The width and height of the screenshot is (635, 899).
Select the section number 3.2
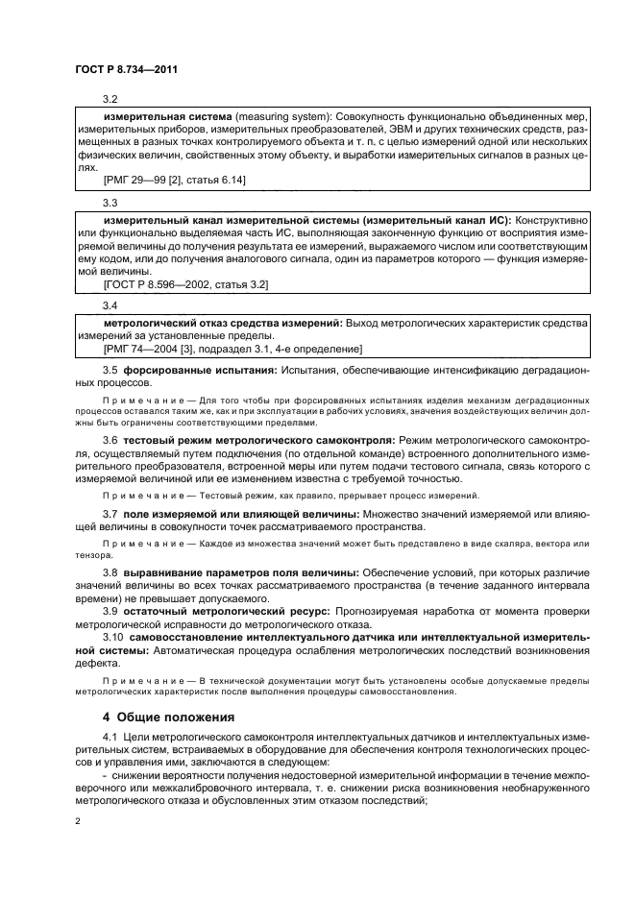click(x=110, y=99)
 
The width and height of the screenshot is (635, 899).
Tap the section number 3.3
click(x=110, y=203)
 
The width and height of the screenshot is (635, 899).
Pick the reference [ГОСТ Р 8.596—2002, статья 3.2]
click(x=185, y=284)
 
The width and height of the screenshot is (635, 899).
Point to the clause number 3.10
click(x=112, y=638)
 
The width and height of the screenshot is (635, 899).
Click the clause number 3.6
click(x=110, y=439)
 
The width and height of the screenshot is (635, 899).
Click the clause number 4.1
click(x=110, y=737)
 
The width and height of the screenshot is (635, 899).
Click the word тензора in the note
click(x=93, y=554)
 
